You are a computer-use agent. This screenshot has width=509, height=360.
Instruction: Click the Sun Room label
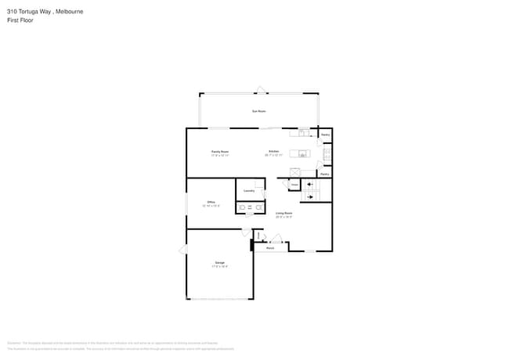point(258,112)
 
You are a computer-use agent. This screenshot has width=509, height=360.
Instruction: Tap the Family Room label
point(220,152)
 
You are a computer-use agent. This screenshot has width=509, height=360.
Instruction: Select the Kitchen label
point(274,152)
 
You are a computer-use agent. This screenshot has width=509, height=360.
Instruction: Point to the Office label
point(211,203)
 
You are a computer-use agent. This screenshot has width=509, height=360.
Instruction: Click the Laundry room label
point(249,190)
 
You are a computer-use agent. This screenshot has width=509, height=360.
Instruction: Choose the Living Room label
point(283,213)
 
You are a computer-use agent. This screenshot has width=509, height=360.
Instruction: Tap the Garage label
point(220,262)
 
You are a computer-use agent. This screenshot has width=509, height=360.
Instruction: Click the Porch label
point(270,248)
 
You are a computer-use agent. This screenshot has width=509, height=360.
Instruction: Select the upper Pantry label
point(325,135)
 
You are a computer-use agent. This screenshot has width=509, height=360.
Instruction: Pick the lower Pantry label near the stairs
point(324,174)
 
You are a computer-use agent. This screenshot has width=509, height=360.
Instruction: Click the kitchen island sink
point(301,154)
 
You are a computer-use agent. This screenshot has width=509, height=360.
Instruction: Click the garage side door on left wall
point(184,249)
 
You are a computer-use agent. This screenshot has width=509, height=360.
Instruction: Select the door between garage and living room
point(246,232)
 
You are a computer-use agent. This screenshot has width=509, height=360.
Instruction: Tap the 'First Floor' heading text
point(21,21)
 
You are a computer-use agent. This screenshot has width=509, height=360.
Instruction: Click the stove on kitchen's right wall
point(327,155)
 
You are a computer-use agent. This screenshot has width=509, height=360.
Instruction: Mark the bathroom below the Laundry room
point(250,207)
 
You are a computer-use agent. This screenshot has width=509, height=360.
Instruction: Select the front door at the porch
point(275,238)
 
